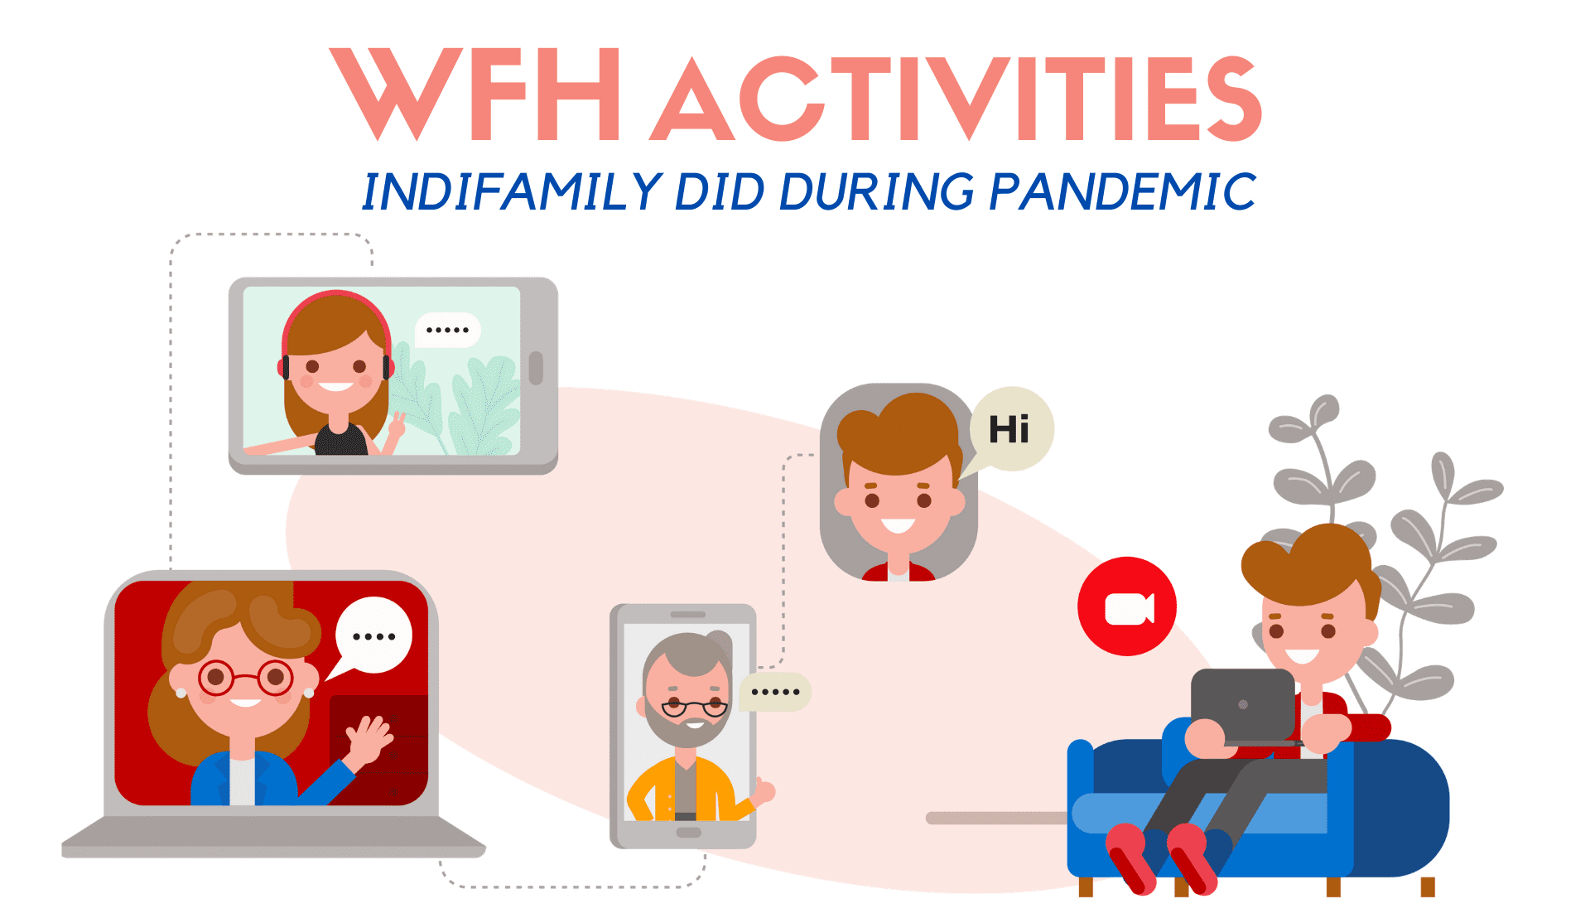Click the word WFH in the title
click(x=475, y=94)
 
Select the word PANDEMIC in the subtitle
click(x=1123, y=191)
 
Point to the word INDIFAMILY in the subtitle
click(x=512, y=191)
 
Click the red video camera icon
click(x=1127, y=606)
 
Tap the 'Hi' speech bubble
click(x=1009, y=430)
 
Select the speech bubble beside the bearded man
click(x=775, y=692)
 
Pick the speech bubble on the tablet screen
click(x=447, y=330)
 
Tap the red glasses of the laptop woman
click(x=245, y=678)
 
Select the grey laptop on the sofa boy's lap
click(x=1243, y=707)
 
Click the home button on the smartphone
click(x=687, y=833)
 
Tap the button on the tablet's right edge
click(x=536, y=369)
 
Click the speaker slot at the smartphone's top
click(x=687, y=615)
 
